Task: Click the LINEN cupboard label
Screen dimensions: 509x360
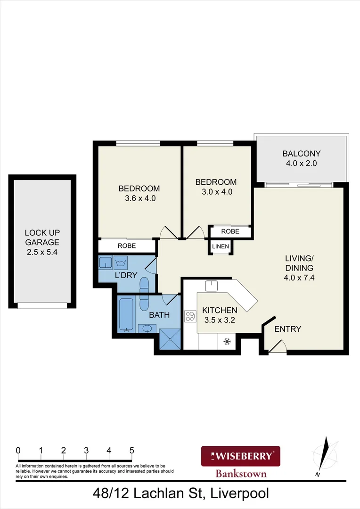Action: tap(220, 247)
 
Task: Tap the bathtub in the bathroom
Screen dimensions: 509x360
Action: tap(126, 314)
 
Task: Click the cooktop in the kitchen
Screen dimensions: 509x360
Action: tap(190, 316)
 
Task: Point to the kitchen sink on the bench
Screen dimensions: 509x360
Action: tap(212, 285)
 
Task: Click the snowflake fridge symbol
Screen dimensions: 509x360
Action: tap(226, 341)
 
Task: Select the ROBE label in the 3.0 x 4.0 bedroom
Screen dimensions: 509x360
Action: tap(230, 231)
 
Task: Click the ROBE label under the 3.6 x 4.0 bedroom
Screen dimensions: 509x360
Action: tap(127, 246)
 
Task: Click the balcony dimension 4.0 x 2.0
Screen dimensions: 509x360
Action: tap(301, 164)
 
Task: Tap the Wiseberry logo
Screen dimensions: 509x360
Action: tap(241, 456)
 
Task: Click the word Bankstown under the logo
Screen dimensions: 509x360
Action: tap(241, 474)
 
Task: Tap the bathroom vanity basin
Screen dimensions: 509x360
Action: tap(147, 328)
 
